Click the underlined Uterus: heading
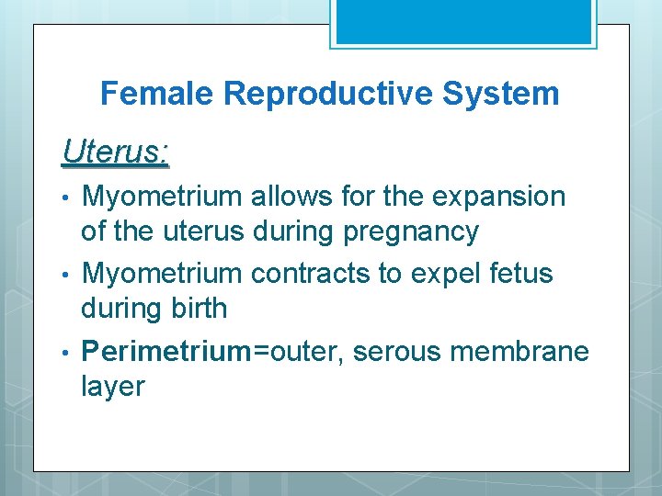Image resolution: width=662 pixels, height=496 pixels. (115, 152)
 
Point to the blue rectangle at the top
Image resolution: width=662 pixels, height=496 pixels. (463, 21)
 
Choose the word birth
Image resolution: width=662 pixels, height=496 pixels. (198, 309)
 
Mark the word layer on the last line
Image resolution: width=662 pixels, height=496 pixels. (112, 387)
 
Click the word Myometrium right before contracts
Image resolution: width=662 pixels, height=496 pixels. (162, 274)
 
